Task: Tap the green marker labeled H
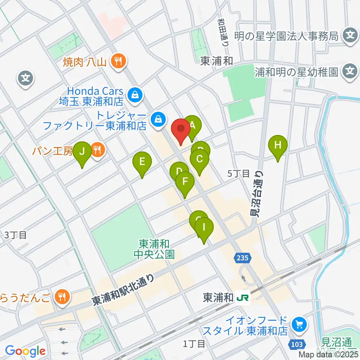point(277,145)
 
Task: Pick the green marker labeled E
point(142,162)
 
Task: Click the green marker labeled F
point(185,182)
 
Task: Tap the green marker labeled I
point(204,227)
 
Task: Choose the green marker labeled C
point(199,159)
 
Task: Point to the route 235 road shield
point(243,258)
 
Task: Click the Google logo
point(25,351)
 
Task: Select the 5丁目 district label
point(238,174)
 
